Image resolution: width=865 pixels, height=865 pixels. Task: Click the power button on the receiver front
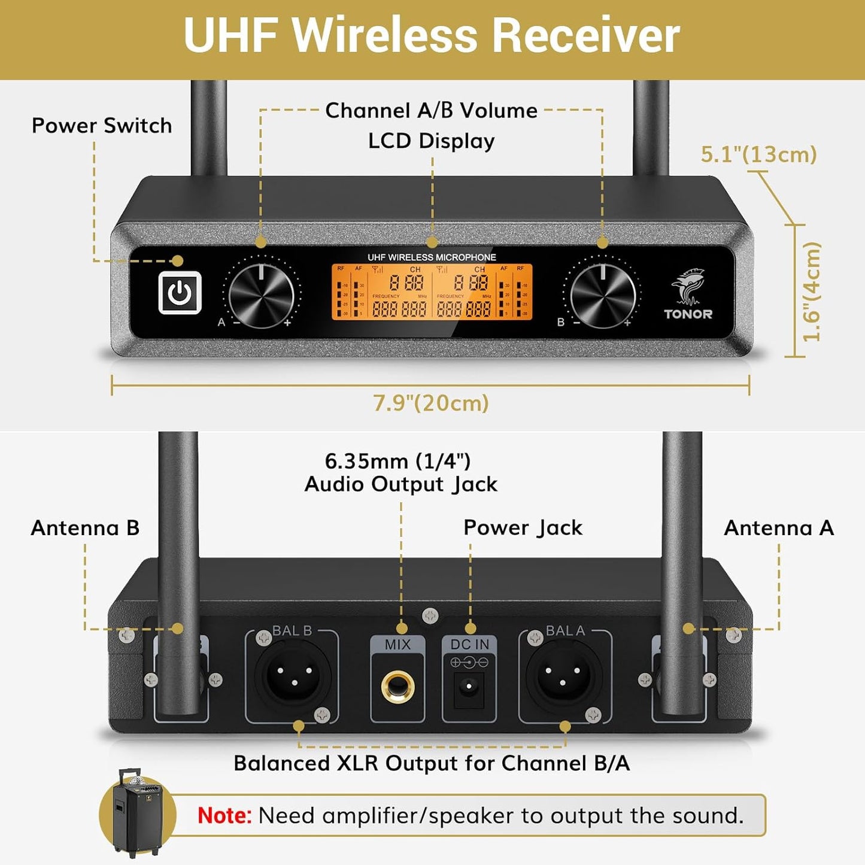tap(180, 293)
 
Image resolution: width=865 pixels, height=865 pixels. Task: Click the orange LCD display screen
tap(432, 292)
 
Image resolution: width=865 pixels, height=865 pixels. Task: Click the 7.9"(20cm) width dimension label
tap(431, 403)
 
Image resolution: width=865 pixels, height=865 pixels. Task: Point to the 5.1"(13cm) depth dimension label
tap(758, 154)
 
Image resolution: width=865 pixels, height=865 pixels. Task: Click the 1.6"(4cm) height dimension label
tap(812, 292)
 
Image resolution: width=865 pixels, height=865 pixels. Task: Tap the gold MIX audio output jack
tap(398, 687)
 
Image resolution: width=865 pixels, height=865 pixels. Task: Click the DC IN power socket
tap(469, 686)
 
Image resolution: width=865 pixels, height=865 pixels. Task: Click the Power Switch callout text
tap(102, 126)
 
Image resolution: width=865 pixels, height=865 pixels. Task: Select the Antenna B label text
tap(85, 528)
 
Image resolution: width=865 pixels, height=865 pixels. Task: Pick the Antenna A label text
tap(778, 528)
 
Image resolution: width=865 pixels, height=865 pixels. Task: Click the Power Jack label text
tap(523, 528)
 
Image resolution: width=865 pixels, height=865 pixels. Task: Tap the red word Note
tap(224, 815)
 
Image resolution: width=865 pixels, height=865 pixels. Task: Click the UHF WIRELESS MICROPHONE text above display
tap(432, 257)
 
